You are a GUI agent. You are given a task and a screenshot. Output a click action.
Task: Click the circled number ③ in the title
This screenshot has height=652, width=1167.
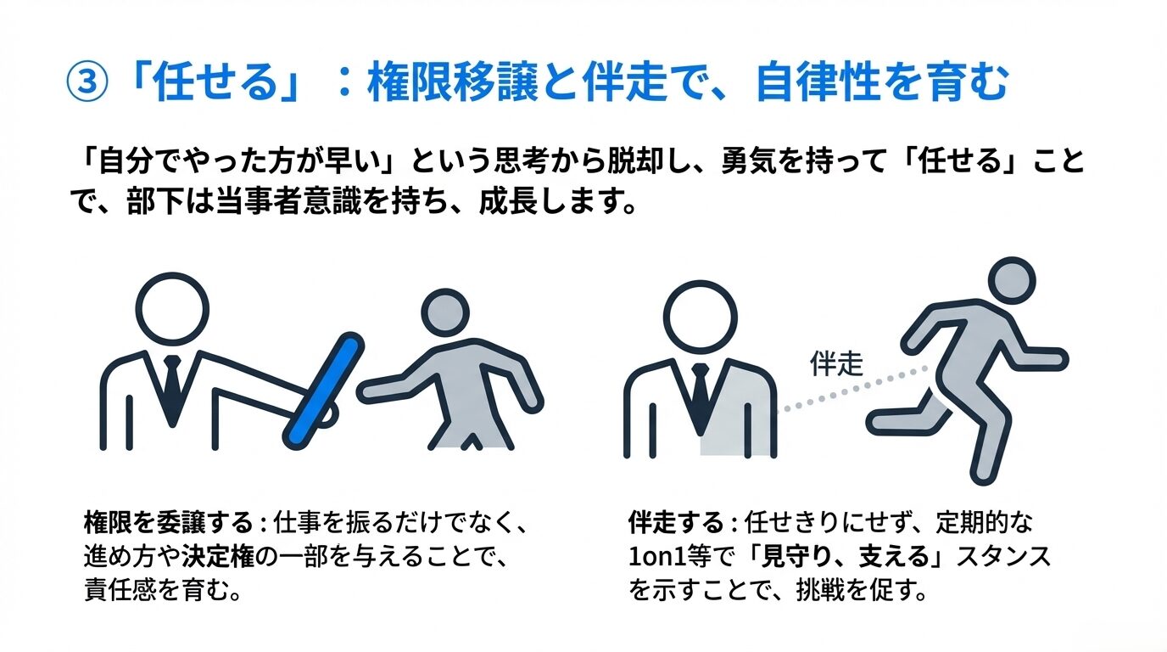(87, 82)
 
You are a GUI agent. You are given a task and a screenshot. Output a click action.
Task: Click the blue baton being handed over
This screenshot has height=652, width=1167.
(323, 391)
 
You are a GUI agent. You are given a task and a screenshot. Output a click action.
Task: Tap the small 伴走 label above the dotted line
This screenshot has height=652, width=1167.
(836, 363)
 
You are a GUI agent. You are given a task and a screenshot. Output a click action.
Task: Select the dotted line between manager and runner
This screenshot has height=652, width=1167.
(852, 390)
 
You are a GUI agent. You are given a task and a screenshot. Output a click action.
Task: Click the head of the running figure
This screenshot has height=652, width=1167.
(1012, 281)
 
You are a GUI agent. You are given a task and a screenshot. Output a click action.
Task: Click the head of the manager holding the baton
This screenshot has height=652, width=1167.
(172, 308)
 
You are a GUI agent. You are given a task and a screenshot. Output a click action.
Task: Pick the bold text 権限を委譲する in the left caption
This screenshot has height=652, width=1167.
(168, 522)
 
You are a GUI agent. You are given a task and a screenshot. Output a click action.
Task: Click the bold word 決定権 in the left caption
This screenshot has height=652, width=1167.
(218, 557)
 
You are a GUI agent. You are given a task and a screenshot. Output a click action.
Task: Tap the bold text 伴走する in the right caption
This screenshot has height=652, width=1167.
(676, 522)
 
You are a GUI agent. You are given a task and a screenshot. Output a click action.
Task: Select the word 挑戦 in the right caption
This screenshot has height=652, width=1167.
(820, 591)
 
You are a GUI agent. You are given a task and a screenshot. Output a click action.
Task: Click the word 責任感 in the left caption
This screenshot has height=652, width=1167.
(120, 591)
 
